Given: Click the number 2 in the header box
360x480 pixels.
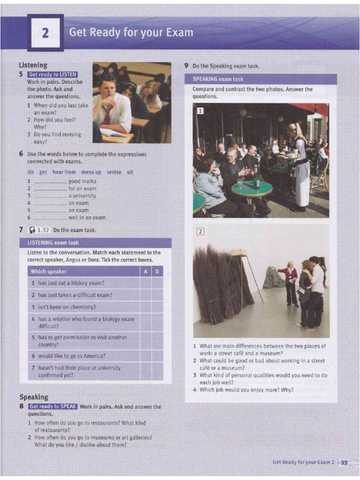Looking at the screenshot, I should [x=45, y=33].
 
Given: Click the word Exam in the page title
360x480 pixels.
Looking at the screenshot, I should [x=177, y=32].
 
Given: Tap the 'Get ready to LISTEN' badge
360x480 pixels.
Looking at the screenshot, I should [x=52, y=75].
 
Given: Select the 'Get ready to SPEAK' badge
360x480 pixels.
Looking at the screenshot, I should [x=52, y=406].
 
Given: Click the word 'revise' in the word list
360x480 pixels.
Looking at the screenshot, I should [x=114, y=172].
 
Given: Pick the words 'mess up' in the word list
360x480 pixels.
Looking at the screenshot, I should [x=91, y=172].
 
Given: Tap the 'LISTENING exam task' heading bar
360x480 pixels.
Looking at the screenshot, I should [x=95, y=243].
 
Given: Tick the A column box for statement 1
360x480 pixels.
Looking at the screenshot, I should [x=145, y=283].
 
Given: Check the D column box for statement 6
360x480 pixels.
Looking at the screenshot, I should [x=157, y=356].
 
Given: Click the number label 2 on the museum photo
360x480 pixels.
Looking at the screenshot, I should [x=200, y=232].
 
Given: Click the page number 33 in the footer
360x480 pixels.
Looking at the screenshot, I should [x=344, y=462].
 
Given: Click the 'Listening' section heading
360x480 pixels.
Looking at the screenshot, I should [x=33, y=65].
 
